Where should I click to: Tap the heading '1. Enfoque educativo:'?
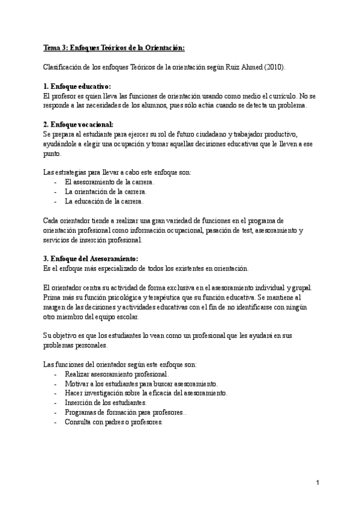(x=77, y=86)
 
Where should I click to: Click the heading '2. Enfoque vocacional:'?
(x=79, y=124)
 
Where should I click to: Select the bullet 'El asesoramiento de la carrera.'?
(x=109, y=182)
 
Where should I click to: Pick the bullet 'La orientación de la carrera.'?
(x=105, y=191)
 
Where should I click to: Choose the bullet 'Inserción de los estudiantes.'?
(x=105, y=403)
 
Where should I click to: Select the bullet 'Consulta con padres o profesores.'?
(x=113, y=422)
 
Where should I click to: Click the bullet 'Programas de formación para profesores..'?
(x=125, y=412)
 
